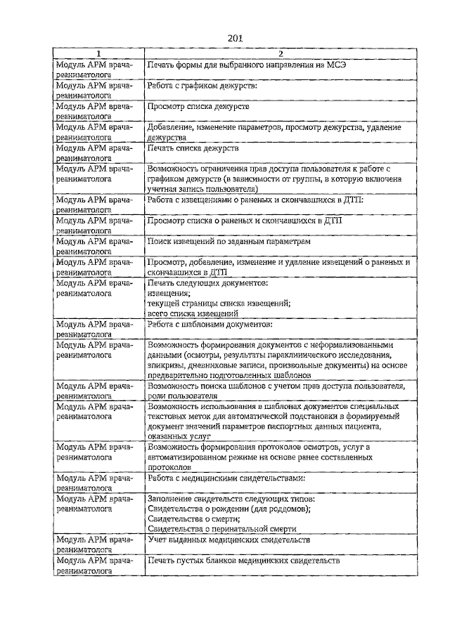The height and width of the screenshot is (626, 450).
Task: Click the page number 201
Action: pos(235,39)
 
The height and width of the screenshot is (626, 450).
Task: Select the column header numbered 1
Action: pos(98,54)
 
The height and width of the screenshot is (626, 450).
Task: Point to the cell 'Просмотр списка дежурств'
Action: pos(198,107)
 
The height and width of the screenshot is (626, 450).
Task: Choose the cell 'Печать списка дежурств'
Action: pos(193,149)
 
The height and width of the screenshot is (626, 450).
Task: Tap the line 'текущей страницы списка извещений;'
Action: pos(218,303)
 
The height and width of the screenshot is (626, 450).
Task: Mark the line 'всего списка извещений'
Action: pos(193,313)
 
